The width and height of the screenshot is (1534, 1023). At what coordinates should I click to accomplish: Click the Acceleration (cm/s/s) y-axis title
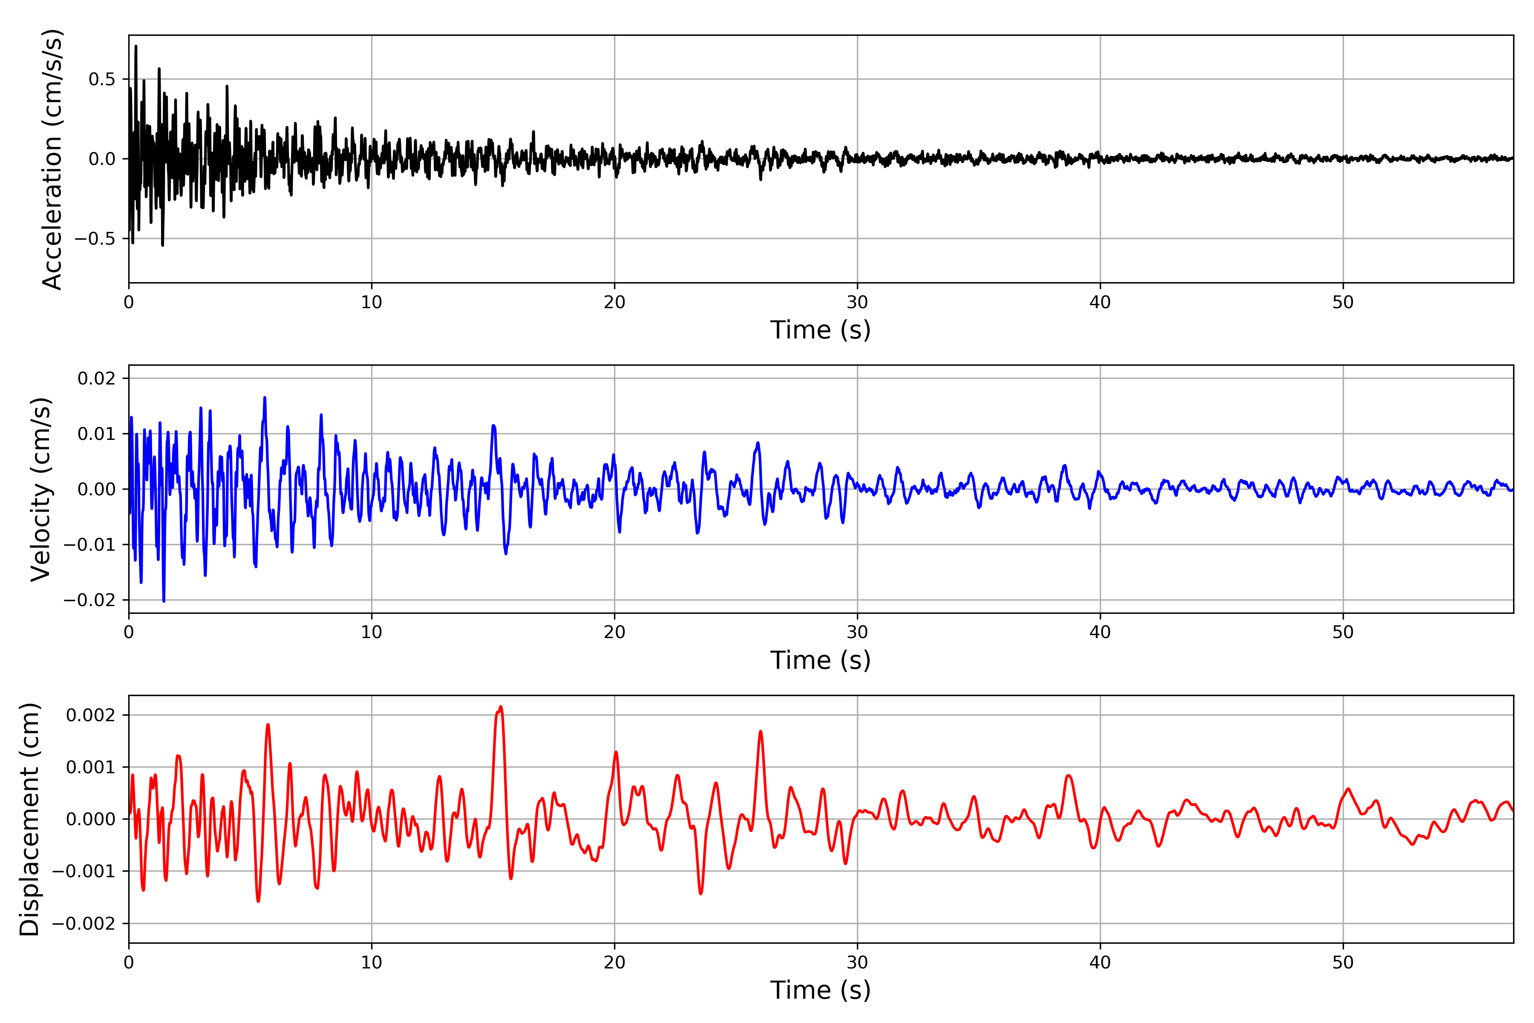[52, 159]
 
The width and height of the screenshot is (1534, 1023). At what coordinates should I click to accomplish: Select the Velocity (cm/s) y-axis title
[40, 489]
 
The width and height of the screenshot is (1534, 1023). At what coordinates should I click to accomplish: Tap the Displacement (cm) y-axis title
[29, 819]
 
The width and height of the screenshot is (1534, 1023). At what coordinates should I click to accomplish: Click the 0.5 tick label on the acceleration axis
[102, 80]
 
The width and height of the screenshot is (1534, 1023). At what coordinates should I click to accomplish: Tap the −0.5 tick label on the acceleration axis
[95, 239]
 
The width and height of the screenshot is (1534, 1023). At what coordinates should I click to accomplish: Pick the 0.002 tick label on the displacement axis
[91, 715]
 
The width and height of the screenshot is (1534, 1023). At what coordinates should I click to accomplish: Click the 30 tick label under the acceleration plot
[857, 303]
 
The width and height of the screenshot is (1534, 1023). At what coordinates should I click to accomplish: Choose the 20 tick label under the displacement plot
[614, 962]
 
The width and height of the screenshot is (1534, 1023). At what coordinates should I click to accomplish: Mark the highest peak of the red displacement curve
[500, 707]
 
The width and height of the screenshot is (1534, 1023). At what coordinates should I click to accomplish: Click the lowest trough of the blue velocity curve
[164, 601]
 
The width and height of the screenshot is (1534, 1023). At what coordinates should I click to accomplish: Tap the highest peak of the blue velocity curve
[265, 397]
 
